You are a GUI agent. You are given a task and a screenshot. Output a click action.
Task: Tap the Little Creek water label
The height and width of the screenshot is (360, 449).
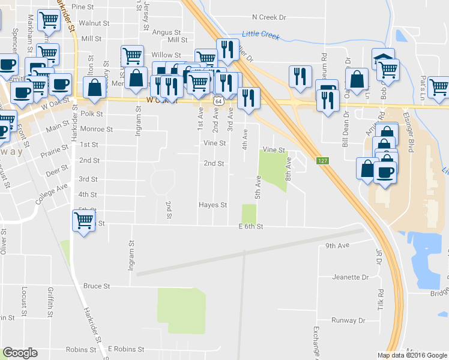click(x=261, y=35)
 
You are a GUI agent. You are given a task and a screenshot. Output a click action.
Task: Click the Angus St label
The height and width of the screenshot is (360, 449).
click(x=166, y=32)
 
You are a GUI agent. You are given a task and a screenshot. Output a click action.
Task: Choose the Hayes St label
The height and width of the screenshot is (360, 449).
click(x=213, y=205)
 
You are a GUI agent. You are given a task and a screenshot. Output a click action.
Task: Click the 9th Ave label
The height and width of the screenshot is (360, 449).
click(x=337, y=245)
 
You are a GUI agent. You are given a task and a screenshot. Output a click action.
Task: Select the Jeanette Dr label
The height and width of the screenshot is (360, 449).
click(x=351, y=277)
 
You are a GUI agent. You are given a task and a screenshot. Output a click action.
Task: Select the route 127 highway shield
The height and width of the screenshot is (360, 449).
click(x=322, y=160)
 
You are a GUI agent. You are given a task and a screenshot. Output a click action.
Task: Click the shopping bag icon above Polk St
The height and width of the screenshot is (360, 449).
click(x=95, y=88)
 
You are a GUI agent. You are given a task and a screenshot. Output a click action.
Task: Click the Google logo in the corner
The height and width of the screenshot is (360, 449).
click(x=20, y=353)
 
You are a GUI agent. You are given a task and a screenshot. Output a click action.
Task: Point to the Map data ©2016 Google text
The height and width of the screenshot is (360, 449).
click(x=412, y=355)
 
